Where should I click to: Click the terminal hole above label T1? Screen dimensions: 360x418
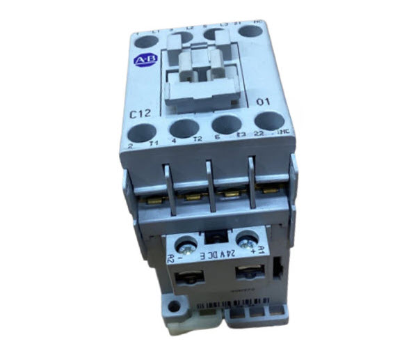[142, 131]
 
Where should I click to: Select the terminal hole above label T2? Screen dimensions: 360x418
[183, 129]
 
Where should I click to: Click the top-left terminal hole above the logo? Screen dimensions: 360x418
[144, 44]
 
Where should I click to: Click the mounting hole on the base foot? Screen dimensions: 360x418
[172, 306]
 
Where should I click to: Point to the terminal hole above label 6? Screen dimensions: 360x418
[224, 125]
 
